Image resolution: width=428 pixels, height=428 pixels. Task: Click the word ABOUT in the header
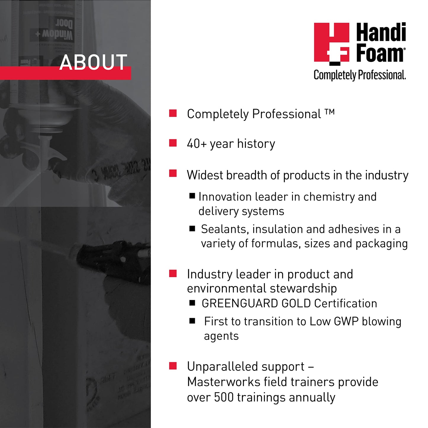coord(93,62)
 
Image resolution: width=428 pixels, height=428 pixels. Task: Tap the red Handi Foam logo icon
coord(331,43)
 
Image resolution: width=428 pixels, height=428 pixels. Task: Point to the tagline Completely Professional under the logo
coord(360,75)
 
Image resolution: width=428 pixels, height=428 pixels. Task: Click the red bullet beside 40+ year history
coord(173,143)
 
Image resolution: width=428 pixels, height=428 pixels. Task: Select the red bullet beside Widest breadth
coord(173,173)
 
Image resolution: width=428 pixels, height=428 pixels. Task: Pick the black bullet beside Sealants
coord(192,228)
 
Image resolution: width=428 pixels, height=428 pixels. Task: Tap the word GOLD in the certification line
coord(296,304)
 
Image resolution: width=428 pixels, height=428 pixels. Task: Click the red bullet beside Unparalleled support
coord(173,366)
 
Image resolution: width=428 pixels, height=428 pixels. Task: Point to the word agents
coord(221,336)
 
